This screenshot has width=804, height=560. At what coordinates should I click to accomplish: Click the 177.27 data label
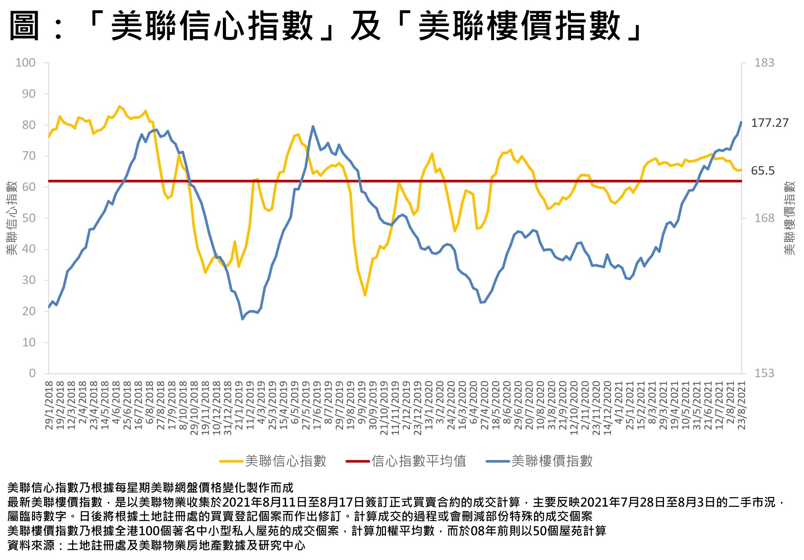tap(769, 123)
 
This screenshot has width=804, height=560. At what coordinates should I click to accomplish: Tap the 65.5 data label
tap(763, 171)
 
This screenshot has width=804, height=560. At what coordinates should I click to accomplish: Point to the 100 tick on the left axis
tap(26, 63)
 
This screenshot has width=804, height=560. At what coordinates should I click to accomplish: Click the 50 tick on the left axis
tap(29, 218)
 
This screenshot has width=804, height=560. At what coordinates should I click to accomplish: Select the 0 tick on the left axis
tap(32, 373)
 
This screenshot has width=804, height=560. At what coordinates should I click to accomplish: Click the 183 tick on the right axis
tap(764, 63)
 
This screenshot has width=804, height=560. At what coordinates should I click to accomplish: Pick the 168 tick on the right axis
tap(764, 218)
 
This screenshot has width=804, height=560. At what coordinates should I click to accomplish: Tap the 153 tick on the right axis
tap(764, 373)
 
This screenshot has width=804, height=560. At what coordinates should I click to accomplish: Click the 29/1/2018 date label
tap(49, 405)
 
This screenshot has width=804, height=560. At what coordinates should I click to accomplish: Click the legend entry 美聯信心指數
tap(285, 461)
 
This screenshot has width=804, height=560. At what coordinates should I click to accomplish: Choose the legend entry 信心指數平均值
tap(418, 461)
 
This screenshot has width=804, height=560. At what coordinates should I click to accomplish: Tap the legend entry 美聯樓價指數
tap(552, 461)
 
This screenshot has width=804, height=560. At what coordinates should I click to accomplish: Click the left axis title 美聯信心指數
tap(12, 218)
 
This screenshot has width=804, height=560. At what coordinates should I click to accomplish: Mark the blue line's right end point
tap(741, 122)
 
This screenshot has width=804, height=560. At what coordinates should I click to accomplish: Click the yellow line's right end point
tap(741, 170)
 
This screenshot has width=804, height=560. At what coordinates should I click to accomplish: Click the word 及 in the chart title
tap(365, 26)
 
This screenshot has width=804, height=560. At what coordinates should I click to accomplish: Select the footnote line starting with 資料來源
tap(156, 545)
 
